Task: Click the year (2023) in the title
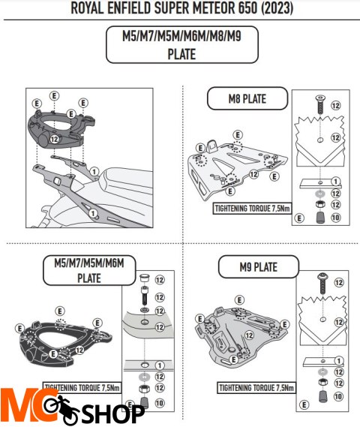[277, 8]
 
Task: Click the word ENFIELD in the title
[129, 8]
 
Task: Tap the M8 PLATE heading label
[247, 98]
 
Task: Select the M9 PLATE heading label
[259, 267]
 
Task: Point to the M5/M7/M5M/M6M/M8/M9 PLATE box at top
[181, 45]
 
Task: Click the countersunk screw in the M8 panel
[320, 104]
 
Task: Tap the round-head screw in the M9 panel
[322, 284]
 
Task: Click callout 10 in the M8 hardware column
[335, 218]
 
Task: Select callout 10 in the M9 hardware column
[339, 396]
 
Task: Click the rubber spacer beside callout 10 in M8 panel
[320, 218]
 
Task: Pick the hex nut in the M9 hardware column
[323, 382]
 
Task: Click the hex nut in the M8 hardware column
[320, 204]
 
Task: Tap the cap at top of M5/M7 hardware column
[145, 278]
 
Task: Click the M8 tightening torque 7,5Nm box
[252, 209]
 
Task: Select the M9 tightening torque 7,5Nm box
[256, 387]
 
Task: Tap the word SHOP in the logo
[113, 414]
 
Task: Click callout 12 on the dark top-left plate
[55, 139]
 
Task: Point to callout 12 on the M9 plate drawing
[249, 335]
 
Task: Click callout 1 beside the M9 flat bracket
[339, 361]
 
